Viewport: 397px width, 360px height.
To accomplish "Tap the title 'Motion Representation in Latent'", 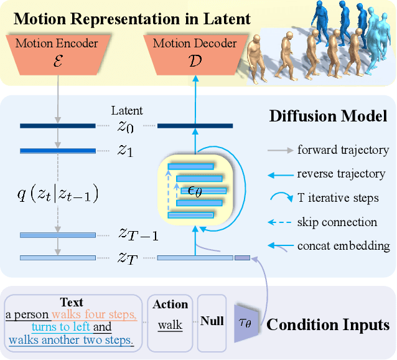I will [132, 18].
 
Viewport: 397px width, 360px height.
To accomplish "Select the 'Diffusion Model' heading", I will [328, 116].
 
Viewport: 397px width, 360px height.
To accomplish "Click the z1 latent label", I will [125, 151].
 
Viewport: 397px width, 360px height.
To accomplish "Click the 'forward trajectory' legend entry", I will [343, 149].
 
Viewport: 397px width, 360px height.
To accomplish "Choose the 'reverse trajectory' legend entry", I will [342, 174].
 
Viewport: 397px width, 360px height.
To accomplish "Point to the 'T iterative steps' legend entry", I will [337, 198].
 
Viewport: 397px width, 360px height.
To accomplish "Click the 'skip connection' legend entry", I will [337, 222].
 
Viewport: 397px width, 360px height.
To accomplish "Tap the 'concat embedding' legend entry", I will [343, 246].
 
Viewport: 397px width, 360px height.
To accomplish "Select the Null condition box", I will [211, 322].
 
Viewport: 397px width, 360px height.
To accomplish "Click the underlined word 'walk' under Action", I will [170, 325].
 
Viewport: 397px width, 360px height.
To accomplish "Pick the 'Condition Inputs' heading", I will [328, 324].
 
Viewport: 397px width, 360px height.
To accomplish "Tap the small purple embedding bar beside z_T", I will [241, 257].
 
